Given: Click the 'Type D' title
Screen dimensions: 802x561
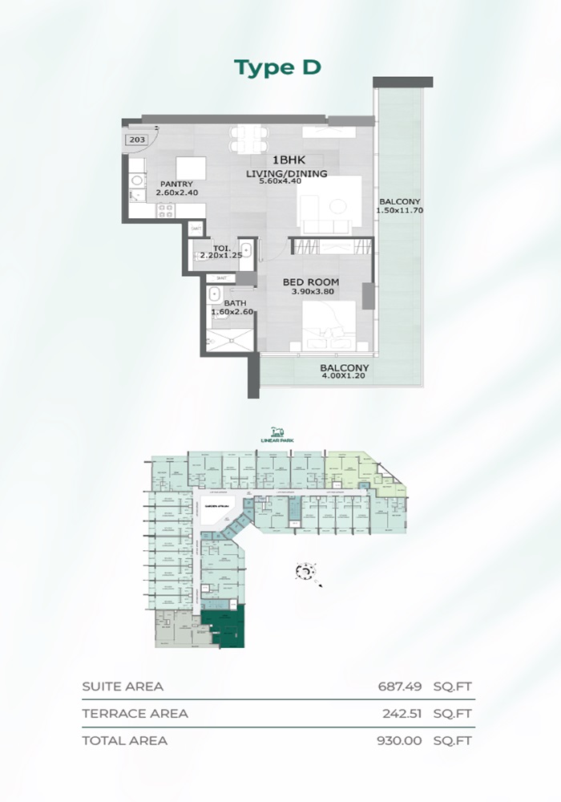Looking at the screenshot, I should pos(277,67).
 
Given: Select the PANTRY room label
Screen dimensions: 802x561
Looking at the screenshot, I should pos(176,184).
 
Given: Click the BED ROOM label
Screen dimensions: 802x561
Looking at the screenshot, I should pos(311,282).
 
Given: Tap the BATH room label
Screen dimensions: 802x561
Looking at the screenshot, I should pos(224,302).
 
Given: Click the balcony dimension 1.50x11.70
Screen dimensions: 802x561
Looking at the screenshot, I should pos(398,211).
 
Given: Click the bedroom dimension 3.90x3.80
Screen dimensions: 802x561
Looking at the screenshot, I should pos(311,292).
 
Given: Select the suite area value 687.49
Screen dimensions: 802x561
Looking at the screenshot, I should pos(399,687).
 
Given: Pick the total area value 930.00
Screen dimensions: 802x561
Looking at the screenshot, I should pos(399,740).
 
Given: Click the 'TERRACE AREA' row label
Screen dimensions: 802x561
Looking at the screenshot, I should pos(135,713).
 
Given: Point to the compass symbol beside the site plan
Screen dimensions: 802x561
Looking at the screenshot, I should pos(305,571).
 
